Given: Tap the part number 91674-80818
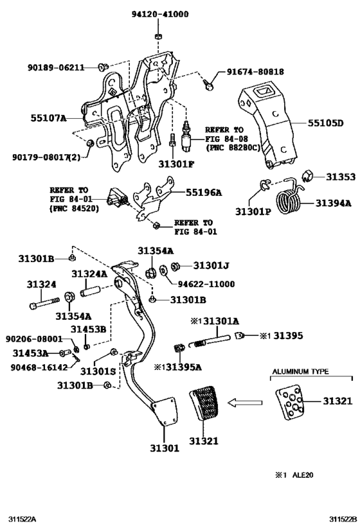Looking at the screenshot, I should (255, 72).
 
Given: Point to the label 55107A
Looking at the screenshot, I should (49, 119).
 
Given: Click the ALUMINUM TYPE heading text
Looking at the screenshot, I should (300, 372).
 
